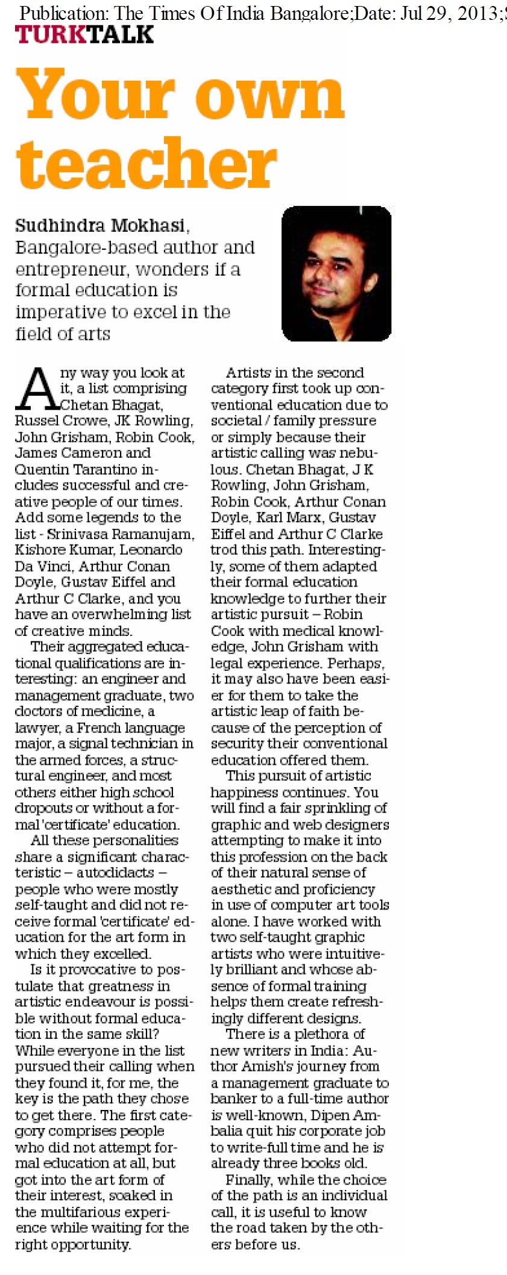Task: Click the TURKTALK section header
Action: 84,34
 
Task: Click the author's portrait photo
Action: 336,274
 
